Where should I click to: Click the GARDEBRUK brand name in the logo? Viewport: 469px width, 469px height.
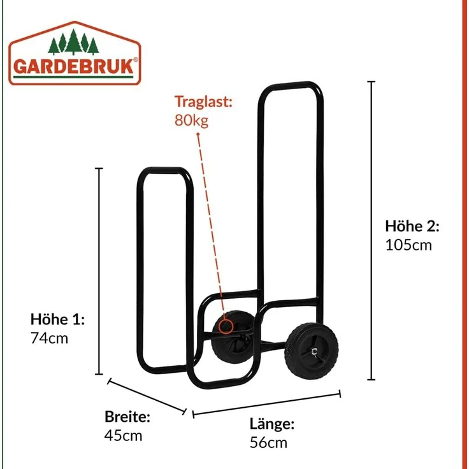pyautogui.click(x=73, y=66)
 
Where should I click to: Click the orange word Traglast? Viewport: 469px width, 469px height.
pyautogui.click(x=203, y=102)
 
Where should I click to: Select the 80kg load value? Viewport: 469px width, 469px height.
pyautogui.click(x=191, y=120)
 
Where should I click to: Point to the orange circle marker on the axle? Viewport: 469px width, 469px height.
pyautogui.click(x=225, y=326)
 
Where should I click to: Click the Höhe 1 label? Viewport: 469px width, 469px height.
pyautogui.click(x=58, y=319)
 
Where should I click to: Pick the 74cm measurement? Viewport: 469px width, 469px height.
pyautogui.click(x=49, y=338)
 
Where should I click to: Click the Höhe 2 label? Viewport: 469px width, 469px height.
pyautogui.click(x=412, y=226)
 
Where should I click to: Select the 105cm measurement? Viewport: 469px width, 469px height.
pyautogui.click(x=408, y=245)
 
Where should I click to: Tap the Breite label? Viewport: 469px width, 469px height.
pyautogui.click(x=127, y=416)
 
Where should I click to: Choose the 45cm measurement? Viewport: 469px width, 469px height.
pyautogui.click(x=123, y=435)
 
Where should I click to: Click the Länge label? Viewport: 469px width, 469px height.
pyautogui.click(x=272, y=424)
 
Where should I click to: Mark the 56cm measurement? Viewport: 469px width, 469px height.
pyautogui.click(x=269, y=443)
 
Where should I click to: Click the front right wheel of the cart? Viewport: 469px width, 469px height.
pyautogui.click(x=312, y=351)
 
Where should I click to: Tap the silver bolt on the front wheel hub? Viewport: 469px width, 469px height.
pyautogui.click(x=315, y=352)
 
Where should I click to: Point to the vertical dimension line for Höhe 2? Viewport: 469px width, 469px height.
pyautogui.click(x=372, y=230)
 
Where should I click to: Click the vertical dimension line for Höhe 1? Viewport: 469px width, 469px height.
pyautogui.click(x=99, y=271)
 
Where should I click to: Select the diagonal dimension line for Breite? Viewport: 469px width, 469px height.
pyautogui.click(x=147, y=396)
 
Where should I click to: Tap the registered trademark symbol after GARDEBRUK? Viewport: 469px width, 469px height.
pyautogui.click(x=136, y=59)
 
